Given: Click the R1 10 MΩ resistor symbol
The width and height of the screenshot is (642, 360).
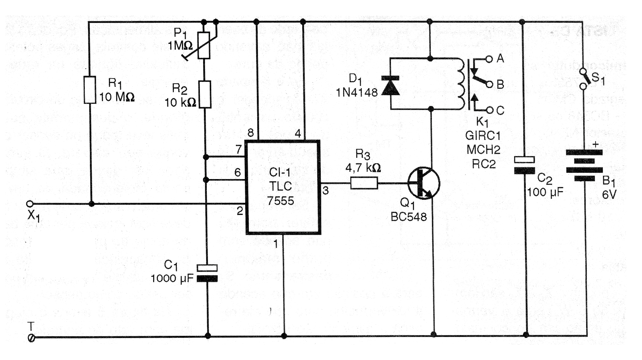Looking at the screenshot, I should coord(90,90).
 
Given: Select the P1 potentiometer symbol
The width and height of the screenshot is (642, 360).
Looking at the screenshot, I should coord(204,45).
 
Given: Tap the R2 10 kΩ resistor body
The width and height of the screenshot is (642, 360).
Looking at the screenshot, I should coord(205,95).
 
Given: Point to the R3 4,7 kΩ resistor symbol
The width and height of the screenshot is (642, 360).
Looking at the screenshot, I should coord(364,183).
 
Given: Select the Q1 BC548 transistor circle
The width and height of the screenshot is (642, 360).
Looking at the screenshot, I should coord(424,183).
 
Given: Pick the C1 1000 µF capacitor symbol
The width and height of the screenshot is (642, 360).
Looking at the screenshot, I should coord(207,273).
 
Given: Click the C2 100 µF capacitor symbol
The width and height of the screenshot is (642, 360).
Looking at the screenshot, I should coord(524,165).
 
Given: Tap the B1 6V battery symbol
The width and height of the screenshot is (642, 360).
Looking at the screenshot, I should coord(584,166).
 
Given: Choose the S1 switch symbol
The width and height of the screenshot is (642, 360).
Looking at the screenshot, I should coord(584,78).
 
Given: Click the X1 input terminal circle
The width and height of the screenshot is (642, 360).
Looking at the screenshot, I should coord(30,204).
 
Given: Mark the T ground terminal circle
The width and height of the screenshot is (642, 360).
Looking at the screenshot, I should coord(31,338).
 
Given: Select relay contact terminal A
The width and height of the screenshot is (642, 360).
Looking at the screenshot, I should coord(489,58).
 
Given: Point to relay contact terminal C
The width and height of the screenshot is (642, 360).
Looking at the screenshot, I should coord(490,110).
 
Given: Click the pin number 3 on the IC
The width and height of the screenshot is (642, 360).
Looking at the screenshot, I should coord(326,190).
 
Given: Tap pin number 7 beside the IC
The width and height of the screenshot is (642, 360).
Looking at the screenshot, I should coord(239,149).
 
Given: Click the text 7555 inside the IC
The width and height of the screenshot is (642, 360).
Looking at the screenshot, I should coord(280,201).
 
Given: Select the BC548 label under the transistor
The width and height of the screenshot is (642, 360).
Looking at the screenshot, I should coord(409,217).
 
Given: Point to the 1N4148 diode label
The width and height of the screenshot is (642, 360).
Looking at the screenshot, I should coord(357,92).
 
